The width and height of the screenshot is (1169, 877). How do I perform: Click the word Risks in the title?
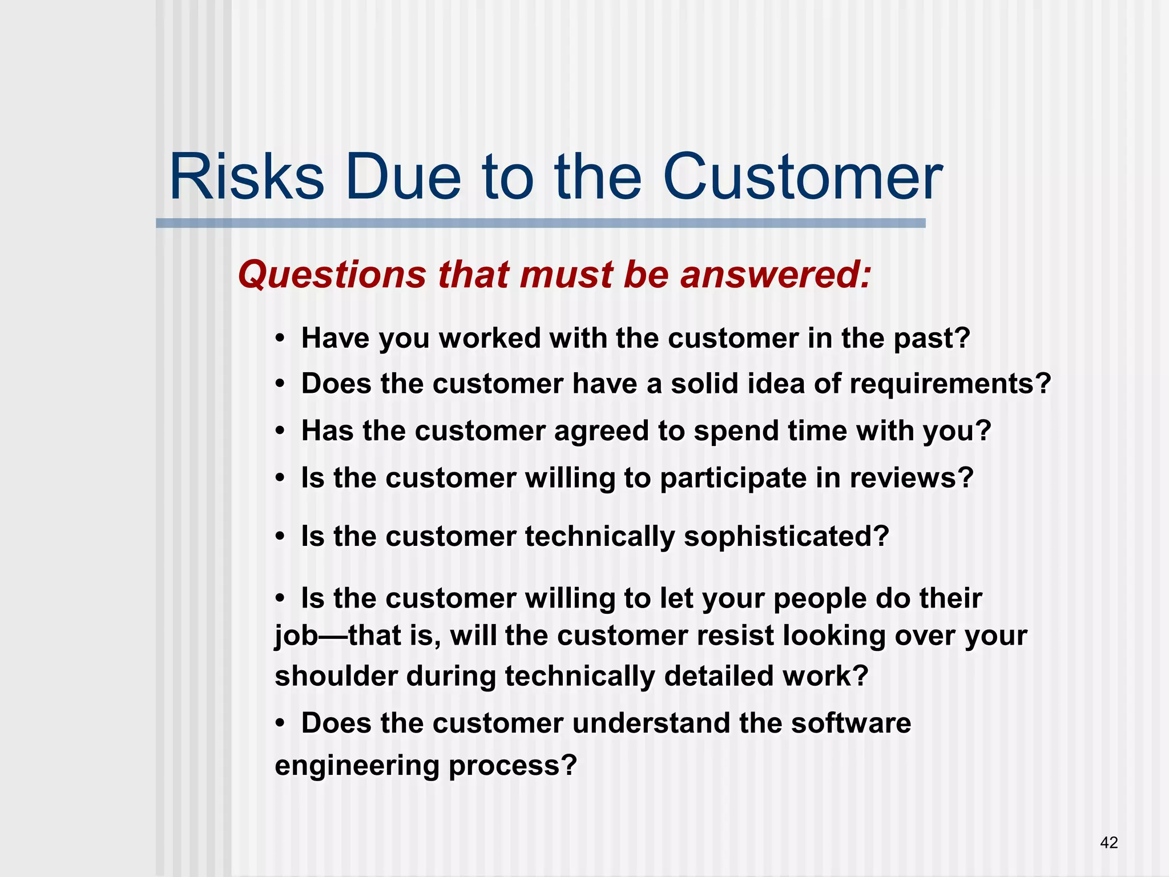pyautogui.click(x=247, y=177)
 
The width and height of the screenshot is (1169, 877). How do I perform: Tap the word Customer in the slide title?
pyautogui.click(x=802, y=177)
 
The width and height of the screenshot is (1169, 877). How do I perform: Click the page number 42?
pyautogui.click(x=1108, y=842)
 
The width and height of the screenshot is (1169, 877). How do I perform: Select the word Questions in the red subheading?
pyautogui.click(x=332, y=275)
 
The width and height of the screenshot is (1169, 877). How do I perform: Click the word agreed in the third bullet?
pyautogui.click(x=601, y=431)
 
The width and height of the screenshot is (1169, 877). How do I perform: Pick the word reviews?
pyautogui.click(x=911, y=478)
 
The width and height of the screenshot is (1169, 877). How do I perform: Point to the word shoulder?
pyautogui.click(x=336, y=676)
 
